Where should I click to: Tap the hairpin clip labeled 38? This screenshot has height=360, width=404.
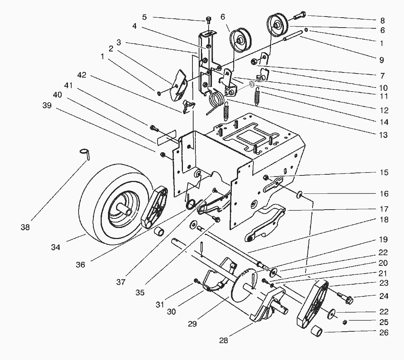(85, 153)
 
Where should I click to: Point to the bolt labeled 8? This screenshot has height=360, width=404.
(299, 16)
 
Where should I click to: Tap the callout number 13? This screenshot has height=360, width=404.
(383, 135)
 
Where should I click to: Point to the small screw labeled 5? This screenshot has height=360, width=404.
(209, 19)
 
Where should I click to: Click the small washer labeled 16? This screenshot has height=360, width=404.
(300, 193)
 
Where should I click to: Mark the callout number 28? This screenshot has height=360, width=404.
(223, 341)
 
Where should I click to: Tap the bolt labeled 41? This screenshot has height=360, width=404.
(154, 128)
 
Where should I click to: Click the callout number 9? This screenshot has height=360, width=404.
(382, 60)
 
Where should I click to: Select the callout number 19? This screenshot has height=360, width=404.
(383, 240)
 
